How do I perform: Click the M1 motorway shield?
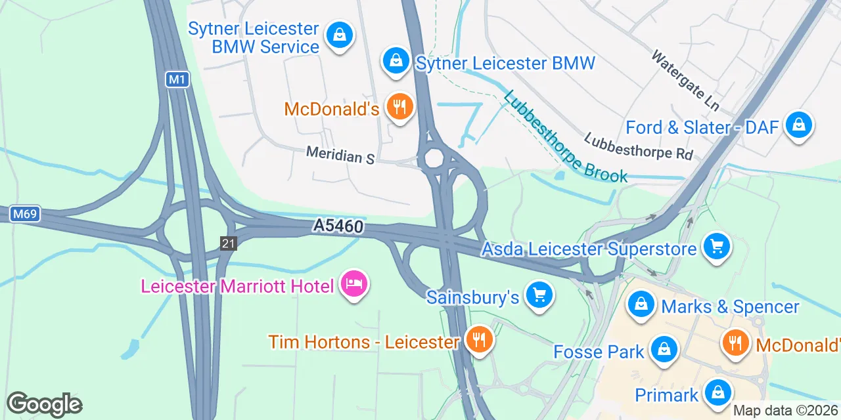tap(177, 80)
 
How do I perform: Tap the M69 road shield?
tap(26, 214)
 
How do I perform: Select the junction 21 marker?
tap(228, 243)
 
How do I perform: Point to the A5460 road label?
tap(338, 226)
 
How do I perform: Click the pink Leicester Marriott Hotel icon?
tap(354, 283)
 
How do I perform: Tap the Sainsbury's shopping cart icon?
tap(539, 296)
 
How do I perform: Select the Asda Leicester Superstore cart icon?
tap(716, 247)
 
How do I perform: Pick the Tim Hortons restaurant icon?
tap(480, 340)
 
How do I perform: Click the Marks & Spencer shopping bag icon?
tap(640, 304)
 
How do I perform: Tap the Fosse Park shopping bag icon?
tap(664, 349)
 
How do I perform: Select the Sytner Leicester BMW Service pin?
tap(340, 35)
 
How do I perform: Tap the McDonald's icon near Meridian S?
tap(398, 106)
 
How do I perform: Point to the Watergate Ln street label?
tap(685, 80)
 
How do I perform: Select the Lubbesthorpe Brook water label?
tap(566, 136)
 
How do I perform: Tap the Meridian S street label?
tap(340, 156)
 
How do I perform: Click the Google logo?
tap(44, 404)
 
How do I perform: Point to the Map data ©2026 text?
tap(786, 411)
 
